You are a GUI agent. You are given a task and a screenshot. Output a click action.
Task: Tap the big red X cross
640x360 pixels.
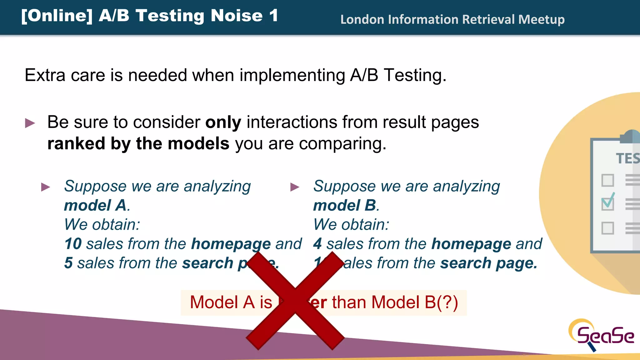click(x=295, y=301)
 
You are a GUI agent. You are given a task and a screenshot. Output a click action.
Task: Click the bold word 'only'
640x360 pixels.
click(x=223, y=122)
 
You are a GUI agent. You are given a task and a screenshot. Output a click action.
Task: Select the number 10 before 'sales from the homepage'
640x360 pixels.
click(x=73, y=244)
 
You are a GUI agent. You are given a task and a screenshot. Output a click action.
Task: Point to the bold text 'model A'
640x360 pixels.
click(x=95, y=206)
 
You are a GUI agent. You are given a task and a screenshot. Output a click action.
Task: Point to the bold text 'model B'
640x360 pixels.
click(x=345, y=206)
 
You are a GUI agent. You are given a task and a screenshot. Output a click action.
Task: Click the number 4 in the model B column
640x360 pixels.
click(x=317, y=244)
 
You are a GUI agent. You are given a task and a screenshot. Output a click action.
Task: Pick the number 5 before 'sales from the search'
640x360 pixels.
click(x=68, y=263)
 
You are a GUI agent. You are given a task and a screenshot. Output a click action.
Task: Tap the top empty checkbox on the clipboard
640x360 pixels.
click(x=607, y=180)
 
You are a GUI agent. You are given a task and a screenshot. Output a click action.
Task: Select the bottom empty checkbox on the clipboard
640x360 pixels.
click(x=607, y=228)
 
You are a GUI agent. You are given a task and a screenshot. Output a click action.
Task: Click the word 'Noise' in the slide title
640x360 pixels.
click(x=237, y=16)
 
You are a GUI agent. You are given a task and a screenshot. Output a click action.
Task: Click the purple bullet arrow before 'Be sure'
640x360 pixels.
click(x=30, y=123)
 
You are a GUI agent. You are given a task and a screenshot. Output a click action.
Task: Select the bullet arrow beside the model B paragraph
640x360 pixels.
click(x=295, y=187)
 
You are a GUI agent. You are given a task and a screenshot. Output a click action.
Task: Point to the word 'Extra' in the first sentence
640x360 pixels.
click(x=45, y=75)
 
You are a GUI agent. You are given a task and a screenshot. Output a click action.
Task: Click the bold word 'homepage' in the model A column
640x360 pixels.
click(x=231, y=244)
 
